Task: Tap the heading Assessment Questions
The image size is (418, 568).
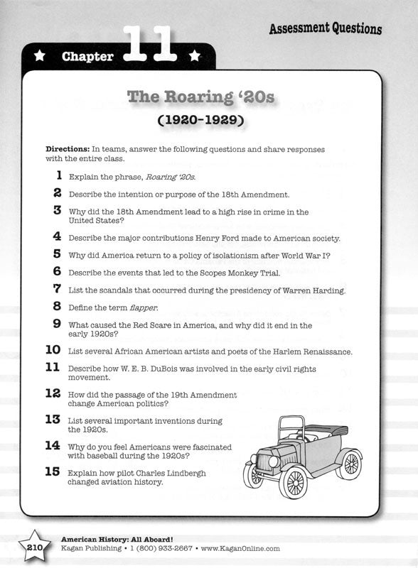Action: coord(325,28)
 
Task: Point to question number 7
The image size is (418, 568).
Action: coord(57,288)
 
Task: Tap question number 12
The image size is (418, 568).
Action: coord(53,393)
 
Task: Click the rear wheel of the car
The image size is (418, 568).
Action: coord(350,464)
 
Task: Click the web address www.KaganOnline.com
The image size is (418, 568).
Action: coord(240,549)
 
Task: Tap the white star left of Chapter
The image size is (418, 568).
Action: coord(41,55)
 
